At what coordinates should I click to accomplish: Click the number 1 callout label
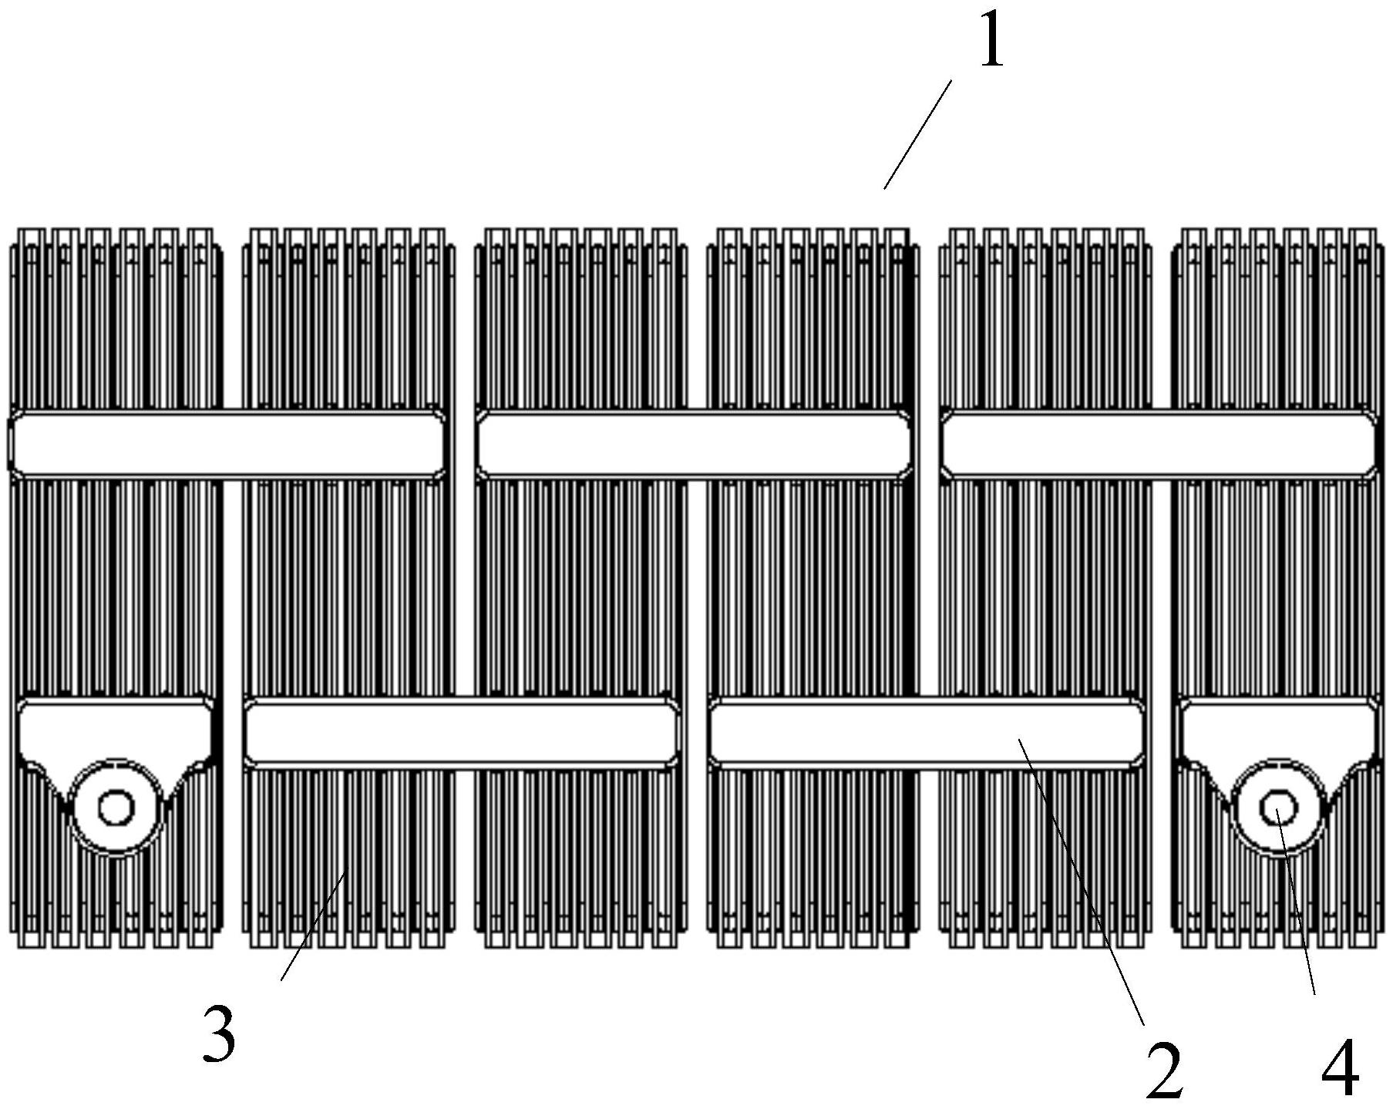coord(992,42)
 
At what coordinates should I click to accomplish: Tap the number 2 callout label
coord(1164,1069)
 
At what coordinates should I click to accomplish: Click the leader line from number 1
coord(917,134)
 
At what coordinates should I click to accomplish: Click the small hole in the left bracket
coord(116,808)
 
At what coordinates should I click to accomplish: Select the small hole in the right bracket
coord(1277,808)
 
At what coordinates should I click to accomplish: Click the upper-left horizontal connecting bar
coord(226,444)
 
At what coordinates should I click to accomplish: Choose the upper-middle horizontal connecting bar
coord(693,444)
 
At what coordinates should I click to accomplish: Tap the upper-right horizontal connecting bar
coord(1159,444)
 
